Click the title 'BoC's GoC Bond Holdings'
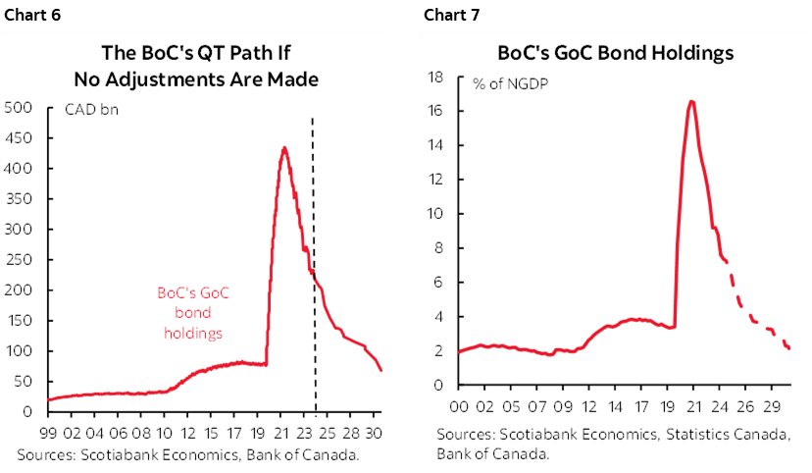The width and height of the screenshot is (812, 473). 616,54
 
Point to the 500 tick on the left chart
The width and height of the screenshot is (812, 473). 20,107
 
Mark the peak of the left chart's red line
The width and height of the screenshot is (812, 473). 284,148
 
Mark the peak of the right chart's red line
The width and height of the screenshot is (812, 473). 691,101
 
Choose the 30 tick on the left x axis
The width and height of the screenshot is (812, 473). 375,431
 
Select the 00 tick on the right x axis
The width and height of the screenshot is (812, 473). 458,405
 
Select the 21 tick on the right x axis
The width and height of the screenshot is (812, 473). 691,405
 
